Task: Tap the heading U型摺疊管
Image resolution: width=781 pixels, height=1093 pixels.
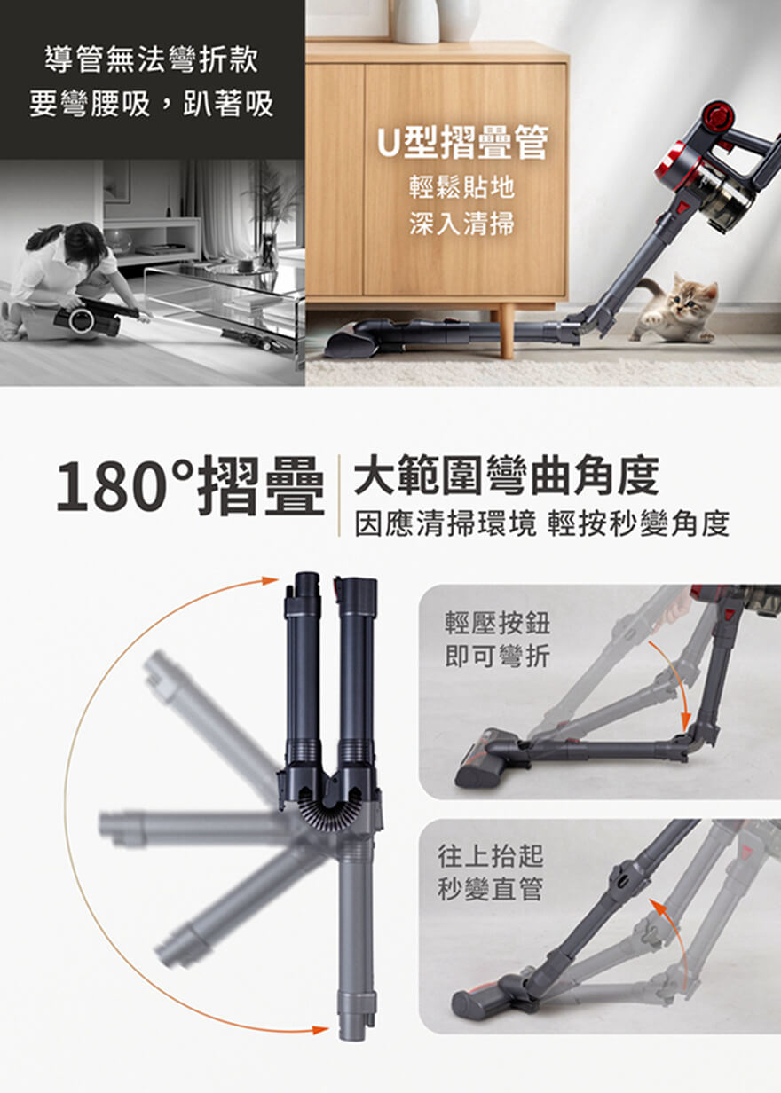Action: point(462,143)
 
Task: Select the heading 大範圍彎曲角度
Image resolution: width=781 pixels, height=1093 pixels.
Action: point(506,475)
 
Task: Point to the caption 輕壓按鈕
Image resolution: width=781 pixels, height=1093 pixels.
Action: point(497,623)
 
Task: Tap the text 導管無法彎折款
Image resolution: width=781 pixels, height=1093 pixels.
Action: point(151,59)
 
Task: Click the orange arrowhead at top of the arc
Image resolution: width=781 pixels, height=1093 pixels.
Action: point(270,580)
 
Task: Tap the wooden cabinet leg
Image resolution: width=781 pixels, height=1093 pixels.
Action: point(507,331)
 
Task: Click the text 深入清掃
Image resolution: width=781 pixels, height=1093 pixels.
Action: point(461,224)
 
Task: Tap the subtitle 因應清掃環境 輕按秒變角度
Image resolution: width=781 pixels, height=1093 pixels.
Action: point(541,524)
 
